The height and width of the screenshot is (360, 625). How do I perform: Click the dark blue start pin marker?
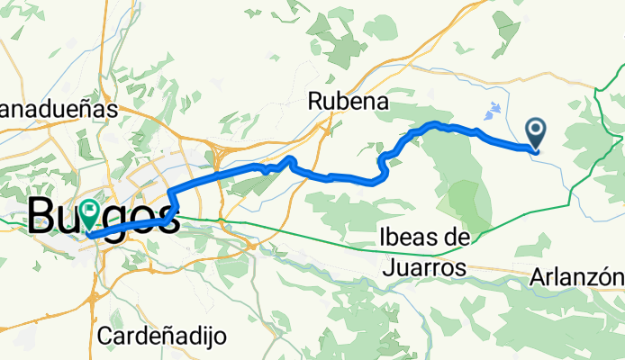point(537,133)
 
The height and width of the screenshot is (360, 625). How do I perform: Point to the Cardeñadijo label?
point(162,337)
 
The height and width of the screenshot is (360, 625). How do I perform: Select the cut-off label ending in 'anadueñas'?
point(59,109)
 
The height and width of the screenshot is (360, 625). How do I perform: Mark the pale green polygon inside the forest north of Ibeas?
point(466,199)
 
